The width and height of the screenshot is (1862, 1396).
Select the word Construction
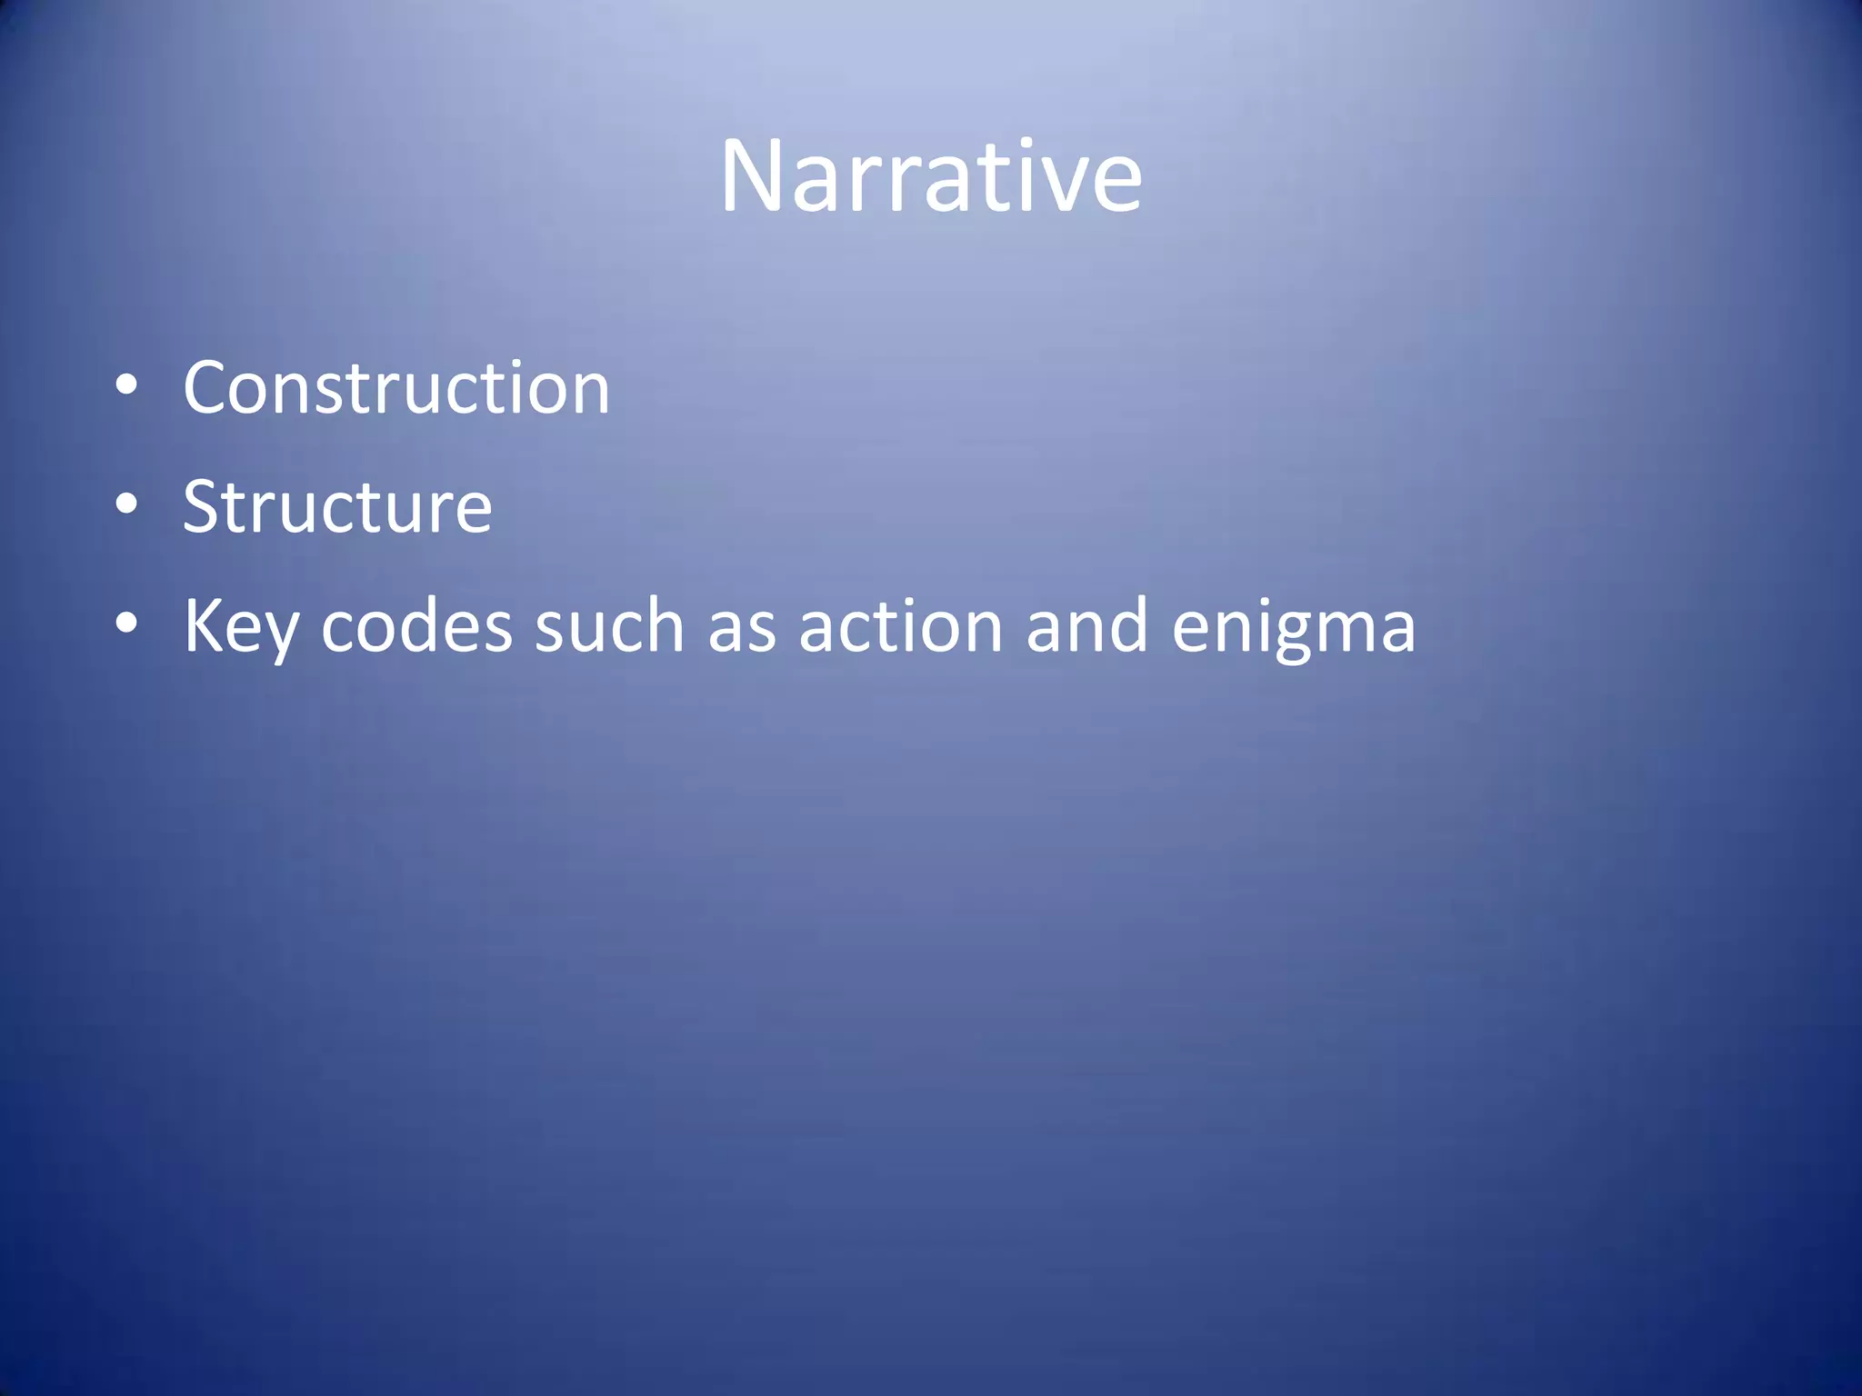[396, 388]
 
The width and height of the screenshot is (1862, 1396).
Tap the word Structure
[337, 507]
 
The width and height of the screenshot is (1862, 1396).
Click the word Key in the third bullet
[240, 627]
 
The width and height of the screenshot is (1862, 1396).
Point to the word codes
[416, 627]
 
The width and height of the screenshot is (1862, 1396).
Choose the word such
[608, 627]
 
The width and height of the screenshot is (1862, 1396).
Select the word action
[900, 627]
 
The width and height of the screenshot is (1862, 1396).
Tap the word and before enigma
[1086, 627]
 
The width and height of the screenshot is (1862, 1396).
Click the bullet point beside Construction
[126, 386]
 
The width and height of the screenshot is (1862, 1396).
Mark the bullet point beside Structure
[126, 504]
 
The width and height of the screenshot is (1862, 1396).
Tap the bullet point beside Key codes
[126, 624]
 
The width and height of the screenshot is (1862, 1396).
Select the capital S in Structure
[204, 507]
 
